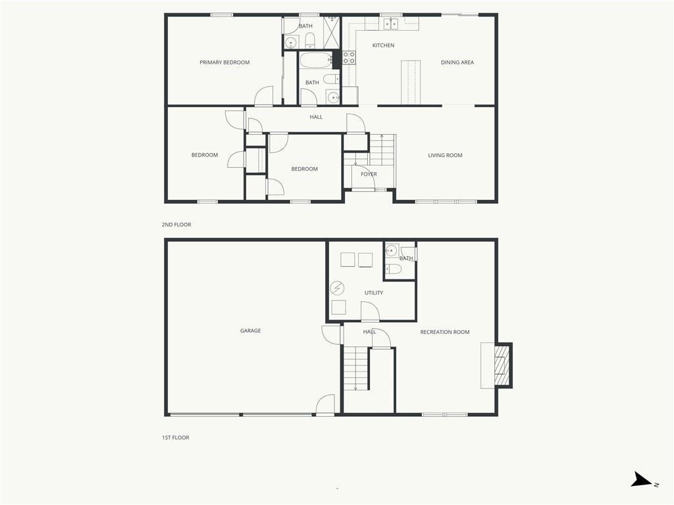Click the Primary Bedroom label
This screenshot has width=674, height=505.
tap(224, 62)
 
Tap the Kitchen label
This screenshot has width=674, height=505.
tap(383, 45)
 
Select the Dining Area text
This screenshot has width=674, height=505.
tap(457, 62)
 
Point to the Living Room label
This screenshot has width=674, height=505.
tap(445, 155)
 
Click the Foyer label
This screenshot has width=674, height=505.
tap(369, 174)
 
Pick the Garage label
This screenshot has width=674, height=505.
tap(250, 331)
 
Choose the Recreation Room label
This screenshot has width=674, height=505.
tap(445, 332)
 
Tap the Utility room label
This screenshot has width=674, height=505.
tap(374, 293)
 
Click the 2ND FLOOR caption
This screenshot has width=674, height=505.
tap(176, 225)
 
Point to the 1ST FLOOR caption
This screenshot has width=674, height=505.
tap(175, 437)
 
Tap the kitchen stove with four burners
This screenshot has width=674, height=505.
tap(349, 58)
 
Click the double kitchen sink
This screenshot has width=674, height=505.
tap(391, 24)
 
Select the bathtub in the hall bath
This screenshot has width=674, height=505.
tap(315, 60)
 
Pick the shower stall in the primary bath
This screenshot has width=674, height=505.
tap(332, 33)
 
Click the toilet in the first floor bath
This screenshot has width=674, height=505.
tap(394, 269)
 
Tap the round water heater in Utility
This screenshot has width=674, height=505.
tap(337, 288)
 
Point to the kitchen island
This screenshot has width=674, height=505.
tap(411, 82)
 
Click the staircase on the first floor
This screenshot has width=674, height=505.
tap(356, 368)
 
